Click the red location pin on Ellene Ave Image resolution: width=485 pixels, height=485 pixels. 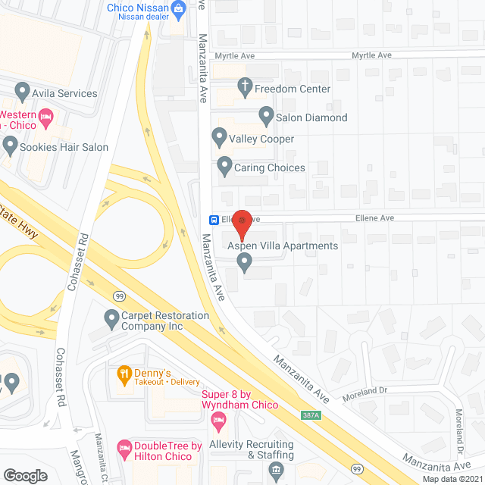point(242,223)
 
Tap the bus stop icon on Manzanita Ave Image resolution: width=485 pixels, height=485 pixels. point(215,221)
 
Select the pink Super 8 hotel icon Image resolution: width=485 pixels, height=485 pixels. point(219,420)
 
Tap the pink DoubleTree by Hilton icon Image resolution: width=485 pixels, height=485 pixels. point(124,449)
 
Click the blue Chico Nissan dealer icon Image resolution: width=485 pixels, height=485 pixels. point(179,10)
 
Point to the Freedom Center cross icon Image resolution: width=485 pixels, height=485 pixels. point(244,89)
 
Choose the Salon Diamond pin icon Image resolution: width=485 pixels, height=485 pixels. point(266,117)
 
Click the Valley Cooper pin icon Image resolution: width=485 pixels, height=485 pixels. point(219,139)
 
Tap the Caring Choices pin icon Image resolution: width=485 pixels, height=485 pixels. point(224,167)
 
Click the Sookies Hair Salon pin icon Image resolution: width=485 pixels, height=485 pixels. point(9,145)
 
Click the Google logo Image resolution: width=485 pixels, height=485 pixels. point(25,475)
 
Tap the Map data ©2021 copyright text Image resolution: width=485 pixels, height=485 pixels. point(450,478)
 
